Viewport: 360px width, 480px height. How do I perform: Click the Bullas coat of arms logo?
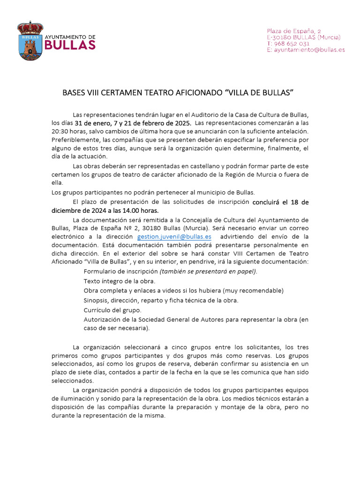click(x=30, y=40)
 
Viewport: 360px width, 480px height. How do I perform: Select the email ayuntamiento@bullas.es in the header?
click(x=309, y=50)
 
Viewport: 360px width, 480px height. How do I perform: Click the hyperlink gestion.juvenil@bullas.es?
click(x=174, y=237)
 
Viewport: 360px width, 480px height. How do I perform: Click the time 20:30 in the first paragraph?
click(x=60, y=131)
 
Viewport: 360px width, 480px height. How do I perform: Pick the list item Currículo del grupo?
click(x=112, y=310)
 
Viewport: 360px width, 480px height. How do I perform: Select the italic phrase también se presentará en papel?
click(x=208, y=271)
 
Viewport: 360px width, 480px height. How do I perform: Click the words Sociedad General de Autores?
click(x=175, y=320)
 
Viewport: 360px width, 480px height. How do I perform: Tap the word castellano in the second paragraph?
click(x=190, y=166)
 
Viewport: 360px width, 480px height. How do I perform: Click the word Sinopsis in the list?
click(x=97, y=300)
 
